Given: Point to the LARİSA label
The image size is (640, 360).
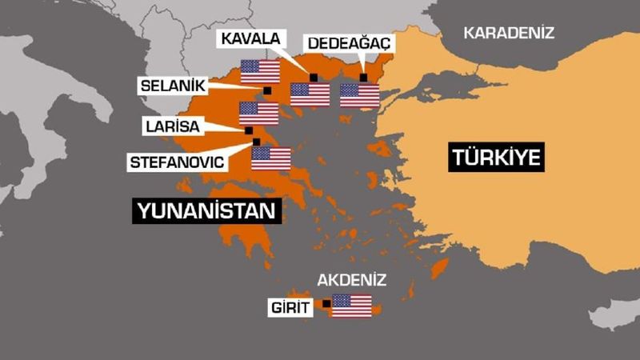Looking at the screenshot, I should point(172,126).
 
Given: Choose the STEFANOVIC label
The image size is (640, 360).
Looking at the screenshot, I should point(177,162).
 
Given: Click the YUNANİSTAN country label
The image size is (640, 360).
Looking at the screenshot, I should point(210,211).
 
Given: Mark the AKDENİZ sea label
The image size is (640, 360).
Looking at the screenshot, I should point(352,280).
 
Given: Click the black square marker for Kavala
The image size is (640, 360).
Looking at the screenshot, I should point(314,76).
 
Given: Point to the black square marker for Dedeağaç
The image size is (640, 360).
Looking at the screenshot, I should point(363,77).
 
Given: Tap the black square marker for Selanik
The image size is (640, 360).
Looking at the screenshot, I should point(267,91).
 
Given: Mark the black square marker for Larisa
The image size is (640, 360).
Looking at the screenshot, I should point(248,130).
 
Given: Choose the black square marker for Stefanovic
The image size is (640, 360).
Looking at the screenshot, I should point(256,142).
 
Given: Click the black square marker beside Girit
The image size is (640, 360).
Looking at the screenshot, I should point(326,304).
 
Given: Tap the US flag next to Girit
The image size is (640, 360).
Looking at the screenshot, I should point(352,306).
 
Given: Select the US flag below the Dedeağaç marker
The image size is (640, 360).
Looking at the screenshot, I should point(359,95).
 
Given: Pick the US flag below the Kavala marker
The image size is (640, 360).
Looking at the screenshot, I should point(310,95).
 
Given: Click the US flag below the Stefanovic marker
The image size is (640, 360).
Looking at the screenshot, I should point(270,158).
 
